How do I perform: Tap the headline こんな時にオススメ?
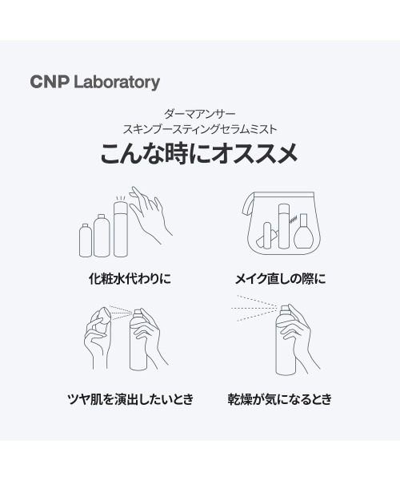tap(199, 153)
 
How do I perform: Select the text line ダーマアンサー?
tap(199, 115)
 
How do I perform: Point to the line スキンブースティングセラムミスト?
tap(199, 128)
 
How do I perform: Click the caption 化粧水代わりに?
tap(130, 280)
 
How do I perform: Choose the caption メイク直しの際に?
tap(279, 280)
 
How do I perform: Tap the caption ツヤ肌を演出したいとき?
tap(130, 398)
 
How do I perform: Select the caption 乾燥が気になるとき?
tap(279, 398)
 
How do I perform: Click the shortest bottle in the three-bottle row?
tap(86, 240)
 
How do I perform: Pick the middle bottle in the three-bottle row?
tap(101, 235)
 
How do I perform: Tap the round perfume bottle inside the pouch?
tap(302, 237)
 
